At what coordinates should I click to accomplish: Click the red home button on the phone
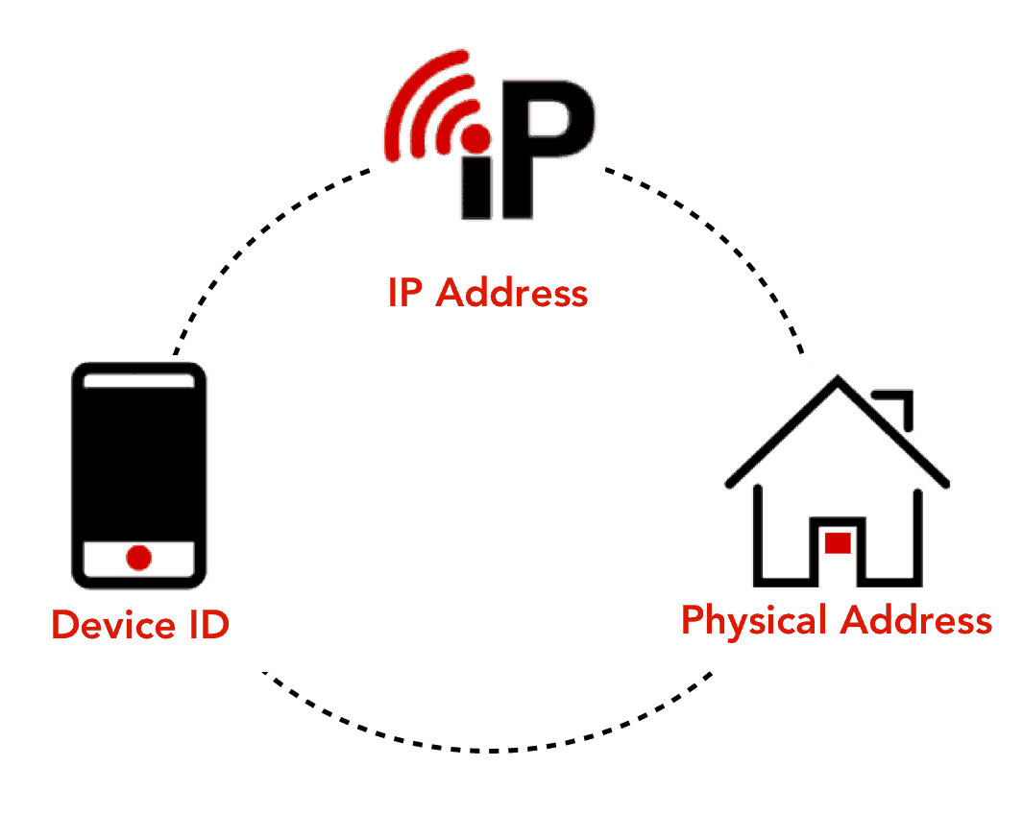pos(139,557)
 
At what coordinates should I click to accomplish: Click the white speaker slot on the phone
pos(139,380)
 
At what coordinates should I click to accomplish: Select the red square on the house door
pos(838,543)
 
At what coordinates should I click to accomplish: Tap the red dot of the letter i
pos(475,138)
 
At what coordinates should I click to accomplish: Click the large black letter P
pos(548,144)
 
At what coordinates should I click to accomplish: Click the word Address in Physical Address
pos(915,620)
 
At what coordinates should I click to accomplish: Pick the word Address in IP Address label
pos(511,293)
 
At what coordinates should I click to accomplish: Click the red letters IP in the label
pos(405,293)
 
